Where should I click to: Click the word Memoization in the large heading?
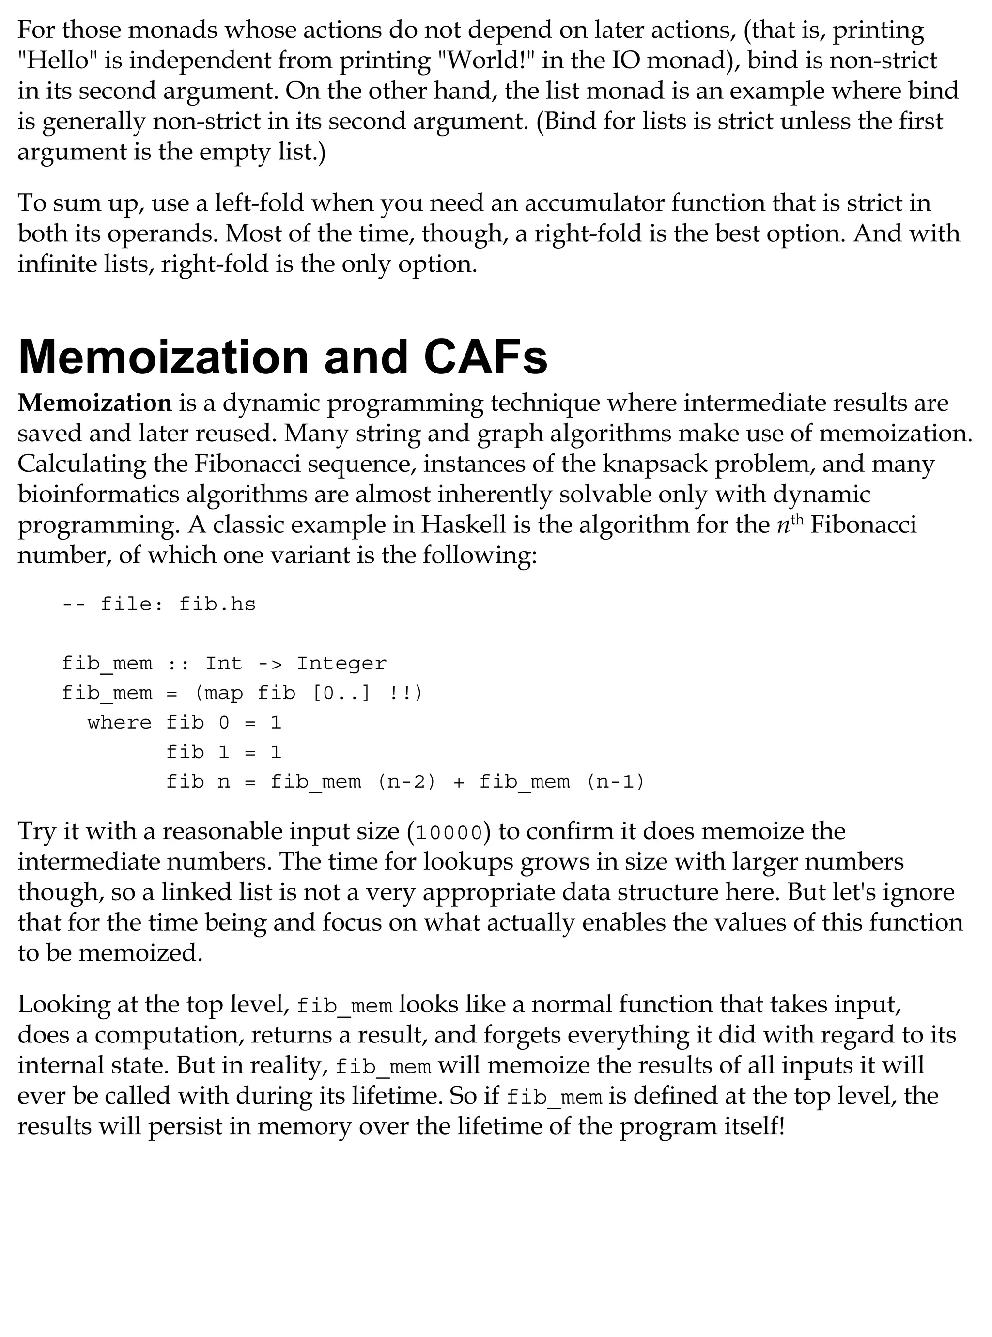164,357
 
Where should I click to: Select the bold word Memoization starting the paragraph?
95,403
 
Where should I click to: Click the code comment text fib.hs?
217,604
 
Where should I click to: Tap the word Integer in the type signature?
341,663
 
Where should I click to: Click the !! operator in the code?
401,693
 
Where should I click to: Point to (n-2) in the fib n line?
406,782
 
